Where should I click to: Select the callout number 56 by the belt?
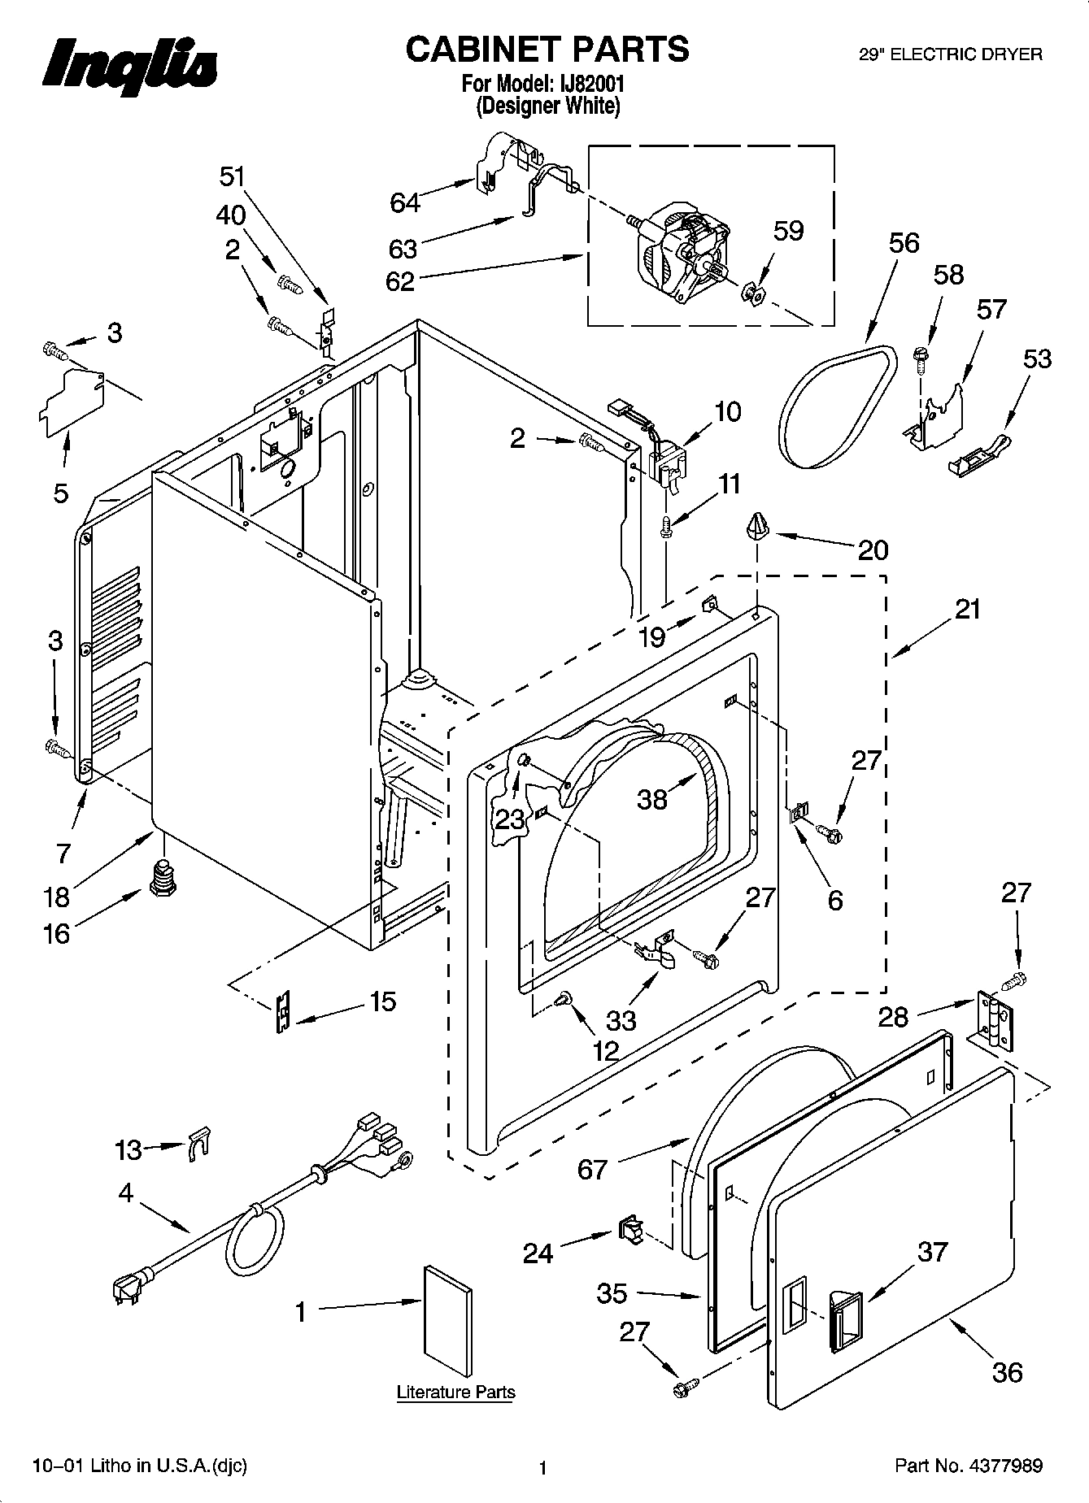[x=904, y=243]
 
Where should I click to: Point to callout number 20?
[x=873, y=550]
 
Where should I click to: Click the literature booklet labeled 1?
[x=447, y=1314]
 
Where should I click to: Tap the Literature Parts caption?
[x=455, y=1392]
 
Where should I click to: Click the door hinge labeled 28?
[x=995, y=1019]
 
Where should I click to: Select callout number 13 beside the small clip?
[x=128, y=1150]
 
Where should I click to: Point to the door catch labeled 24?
[x=629, y=1229]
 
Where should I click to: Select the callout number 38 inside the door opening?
[x=652, y=799]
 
